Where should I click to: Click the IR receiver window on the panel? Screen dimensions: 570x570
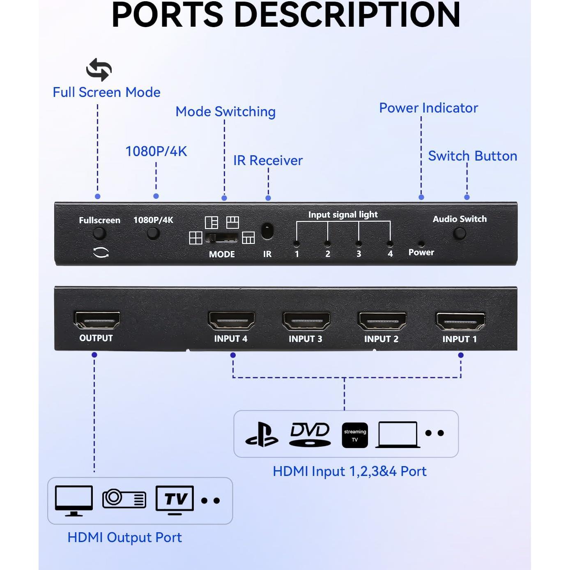pos(267,231)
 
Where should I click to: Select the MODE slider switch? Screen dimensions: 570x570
pos(222,238)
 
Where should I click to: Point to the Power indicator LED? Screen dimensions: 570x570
pos(421,243)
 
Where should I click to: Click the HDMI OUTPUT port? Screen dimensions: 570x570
pos(97,320)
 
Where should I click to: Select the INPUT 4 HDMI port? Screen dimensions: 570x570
pos(231,321)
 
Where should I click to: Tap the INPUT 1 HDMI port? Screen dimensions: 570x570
pos(460,321)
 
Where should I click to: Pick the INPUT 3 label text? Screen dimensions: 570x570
pos(305,339)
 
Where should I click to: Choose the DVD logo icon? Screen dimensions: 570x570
pos(310,434)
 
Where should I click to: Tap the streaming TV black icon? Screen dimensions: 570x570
pos(355,435)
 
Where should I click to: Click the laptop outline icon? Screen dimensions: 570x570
pos(398,434)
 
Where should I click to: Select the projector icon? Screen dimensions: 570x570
pos(124,499)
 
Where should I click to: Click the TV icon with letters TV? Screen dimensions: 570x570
pos(175,500)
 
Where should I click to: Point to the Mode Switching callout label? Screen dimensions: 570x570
pos(225,112)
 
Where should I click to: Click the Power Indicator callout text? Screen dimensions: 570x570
pos(428,108)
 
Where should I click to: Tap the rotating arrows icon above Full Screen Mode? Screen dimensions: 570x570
pos(99,69)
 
